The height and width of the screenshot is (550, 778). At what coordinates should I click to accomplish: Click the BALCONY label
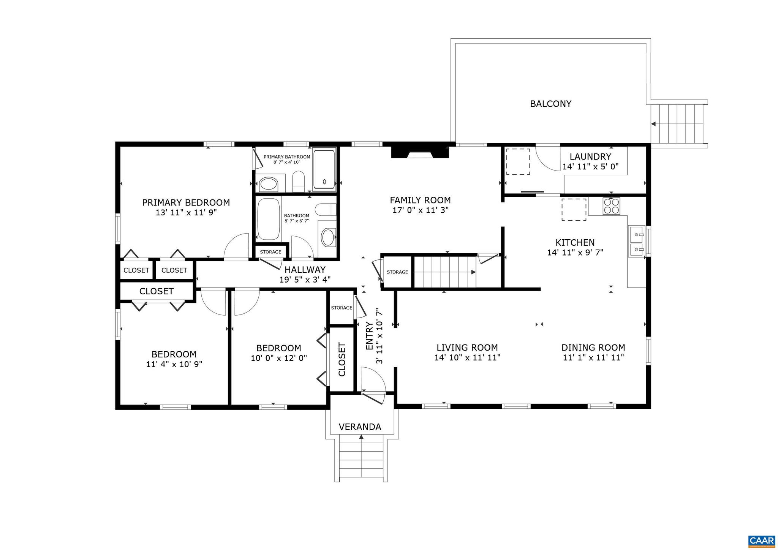coord(550,104)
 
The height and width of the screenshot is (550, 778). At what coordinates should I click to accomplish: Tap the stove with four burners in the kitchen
coord(611,206)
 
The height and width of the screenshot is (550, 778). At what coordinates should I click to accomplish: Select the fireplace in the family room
coord(420,152)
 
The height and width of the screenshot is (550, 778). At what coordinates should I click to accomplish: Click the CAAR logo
coord(761,541)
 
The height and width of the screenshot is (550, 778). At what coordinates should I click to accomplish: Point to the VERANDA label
coord(360,427)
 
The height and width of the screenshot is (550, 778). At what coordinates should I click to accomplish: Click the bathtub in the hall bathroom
coord(269,219)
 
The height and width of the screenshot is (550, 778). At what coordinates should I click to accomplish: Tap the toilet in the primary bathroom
coord(298,181)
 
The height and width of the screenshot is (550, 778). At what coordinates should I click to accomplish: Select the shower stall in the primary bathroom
coord(324,170)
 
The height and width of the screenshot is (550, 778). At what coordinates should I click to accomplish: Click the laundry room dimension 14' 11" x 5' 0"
coord(590,166)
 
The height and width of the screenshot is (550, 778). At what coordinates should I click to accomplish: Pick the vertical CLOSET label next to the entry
coord(342,359)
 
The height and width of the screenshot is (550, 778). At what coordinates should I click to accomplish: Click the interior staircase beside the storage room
coord(444,272)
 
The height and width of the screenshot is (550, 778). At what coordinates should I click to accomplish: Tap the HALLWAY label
coord(305,270)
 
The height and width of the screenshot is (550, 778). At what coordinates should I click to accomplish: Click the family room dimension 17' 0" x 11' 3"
coord(420,210)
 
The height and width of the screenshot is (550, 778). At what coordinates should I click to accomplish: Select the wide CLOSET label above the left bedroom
coord(156,291)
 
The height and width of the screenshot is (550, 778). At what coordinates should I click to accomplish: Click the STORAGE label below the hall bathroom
coord(270,252)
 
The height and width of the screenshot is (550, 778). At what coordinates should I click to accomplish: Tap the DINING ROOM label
coord(593,348)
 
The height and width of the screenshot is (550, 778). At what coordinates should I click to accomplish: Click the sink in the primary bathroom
coord(269,185)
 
